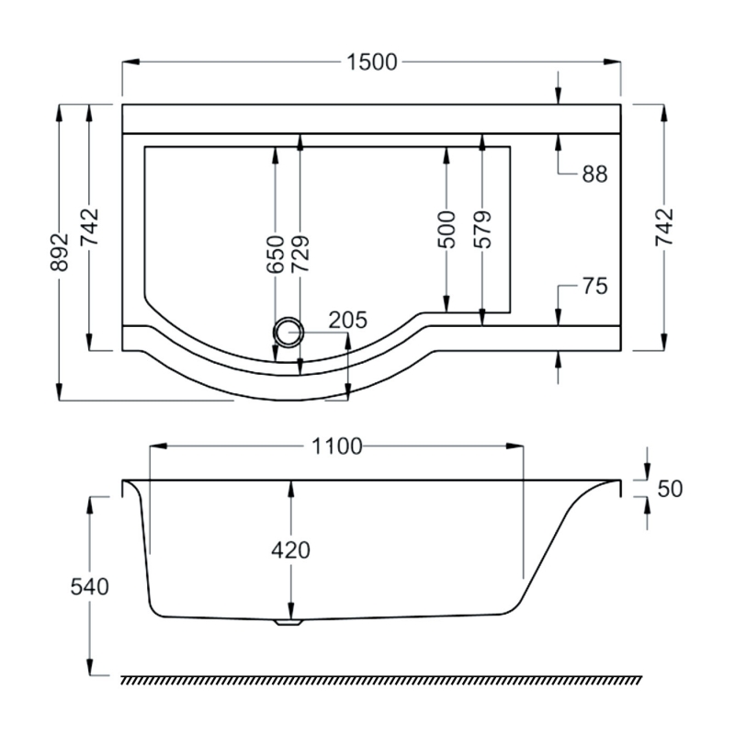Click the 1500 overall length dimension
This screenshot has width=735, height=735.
[372, 62]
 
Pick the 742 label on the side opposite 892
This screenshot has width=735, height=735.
[664, 227]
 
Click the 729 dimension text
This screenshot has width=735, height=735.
[300, 254]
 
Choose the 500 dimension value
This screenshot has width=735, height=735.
[447, 229]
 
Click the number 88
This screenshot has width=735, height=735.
[594, 175]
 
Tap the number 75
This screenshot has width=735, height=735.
[594, 286]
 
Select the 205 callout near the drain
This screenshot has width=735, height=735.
[347, 321]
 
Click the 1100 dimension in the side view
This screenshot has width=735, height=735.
[337, 447]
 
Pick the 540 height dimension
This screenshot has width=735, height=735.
[90, 586]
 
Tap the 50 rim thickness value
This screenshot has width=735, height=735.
[670, 489]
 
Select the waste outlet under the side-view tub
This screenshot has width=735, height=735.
[289, 622]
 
